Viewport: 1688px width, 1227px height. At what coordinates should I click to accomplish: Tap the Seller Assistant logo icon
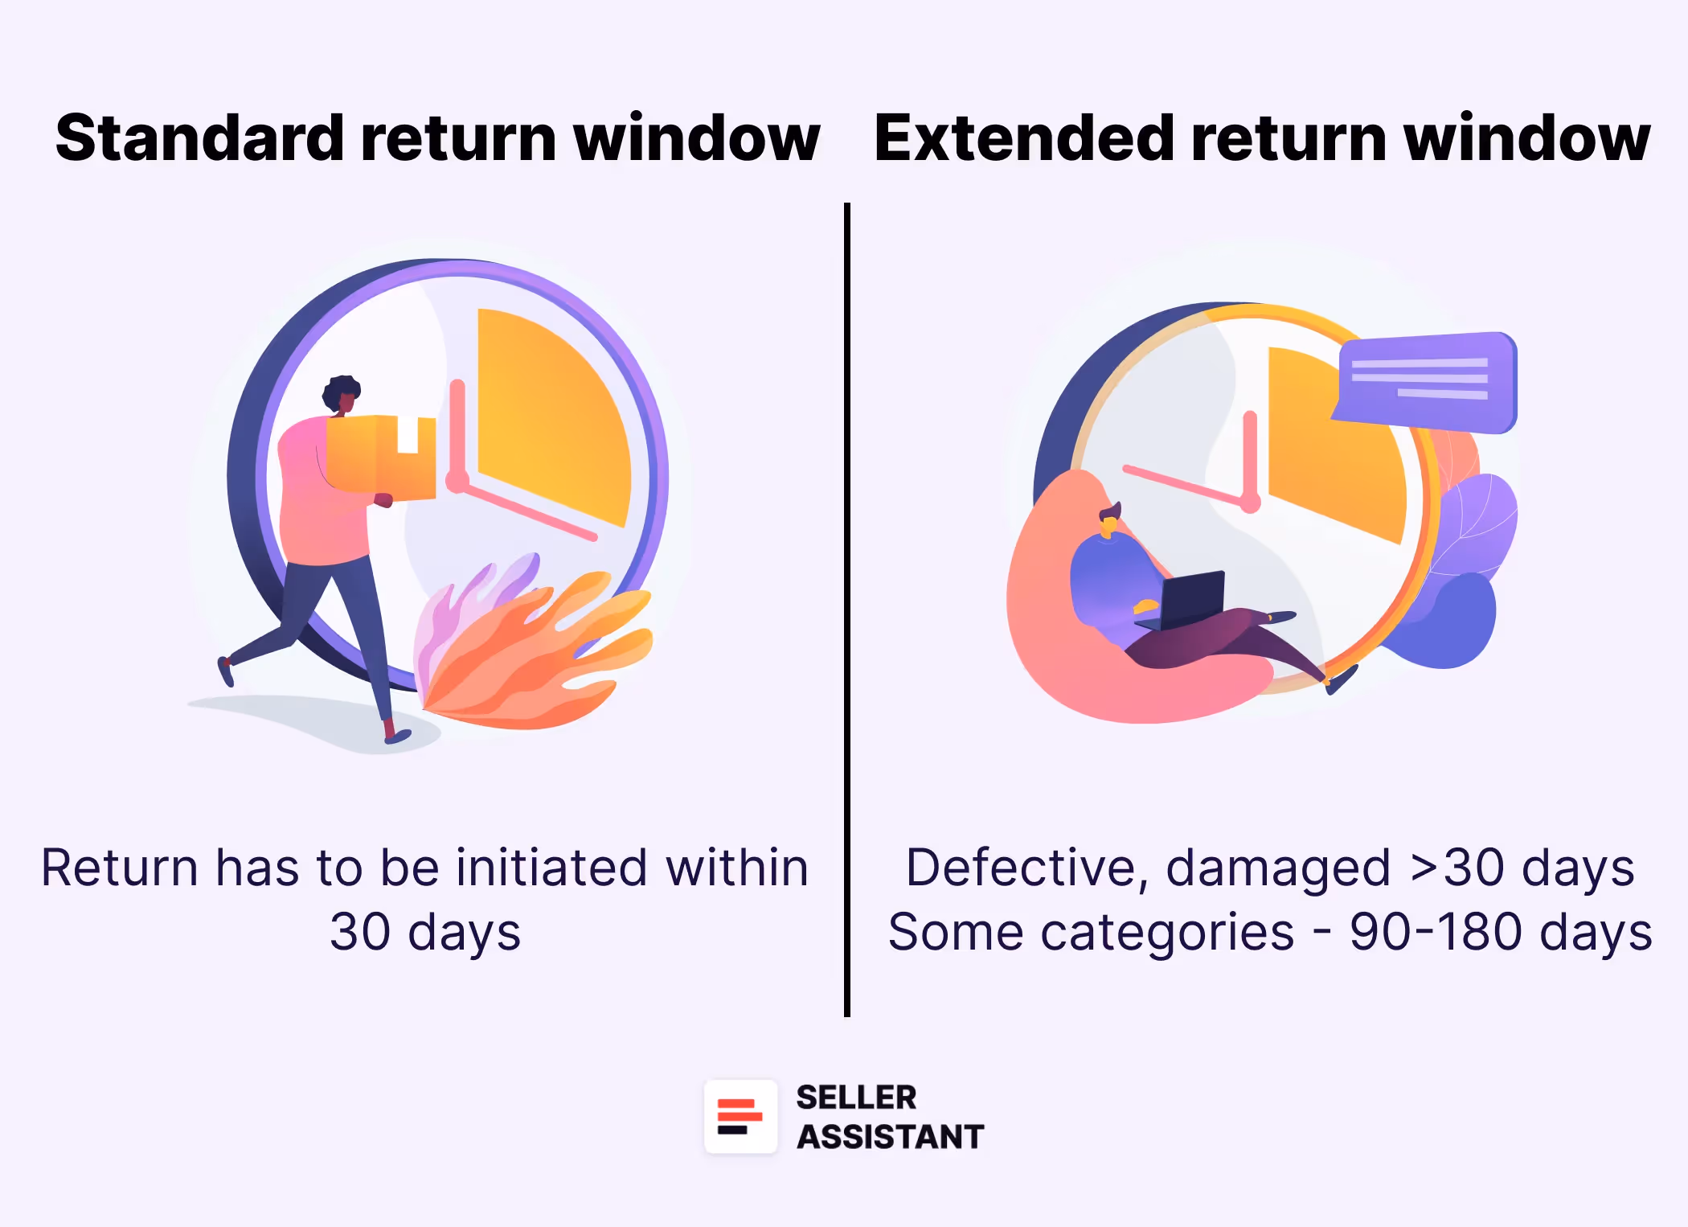click(x=740, y=1116)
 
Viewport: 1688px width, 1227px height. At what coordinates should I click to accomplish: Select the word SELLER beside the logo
click(x=856, y=1098)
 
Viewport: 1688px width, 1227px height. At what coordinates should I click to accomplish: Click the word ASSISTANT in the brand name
click(x=890, y=1137)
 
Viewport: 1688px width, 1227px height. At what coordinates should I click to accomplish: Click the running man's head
click(x=342, y=395)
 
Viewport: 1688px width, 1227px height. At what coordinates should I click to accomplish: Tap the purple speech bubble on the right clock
click(x=1427, y=382)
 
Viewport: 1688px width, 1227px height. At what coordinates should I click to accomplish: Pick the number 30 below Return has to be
click(x=359, y=933)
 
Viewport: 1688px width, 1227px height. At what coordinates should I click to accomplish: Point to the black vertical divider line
click(x=847, y=611)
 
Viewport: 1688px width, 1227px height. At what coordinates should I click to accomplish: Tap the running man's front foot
click(x=397, y=736)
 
